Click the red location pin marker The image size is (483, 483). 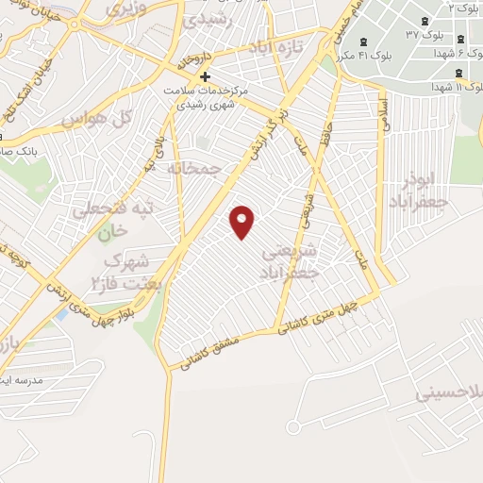click(243, 222)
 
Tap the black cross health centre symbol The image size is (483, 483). click(205, 76)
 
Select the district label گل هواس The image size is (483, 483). click(92, 120)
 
